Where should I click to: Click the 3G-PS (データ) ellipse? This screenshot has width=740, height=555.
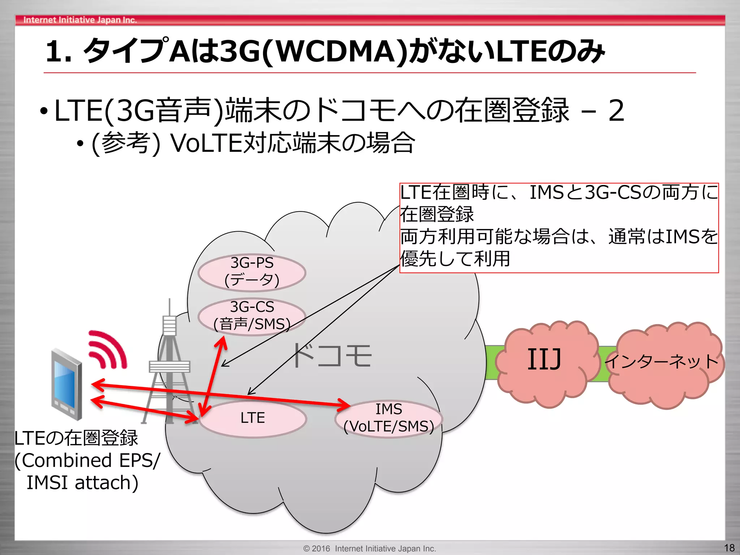(252, 272)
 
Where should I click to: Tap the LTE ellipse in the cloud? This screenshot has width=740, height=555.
(253, 418)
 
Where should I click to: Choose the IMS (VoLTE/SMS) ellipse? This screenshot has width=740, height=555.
(388, 418)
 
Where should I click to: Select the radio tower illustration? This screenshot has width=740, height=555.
(169, 365)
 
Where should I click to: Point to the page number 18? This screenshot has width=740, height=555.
(729, 548)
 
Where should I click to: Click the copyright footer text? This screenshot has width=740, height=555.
(370, 548)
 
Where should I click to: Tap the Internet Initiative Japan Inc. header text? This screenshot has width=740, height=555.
(80, 20)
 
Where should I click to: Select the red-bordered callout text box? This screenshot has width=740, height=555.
(559, 228)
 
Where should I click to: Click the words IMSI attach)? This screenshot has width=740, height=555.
(82, 483)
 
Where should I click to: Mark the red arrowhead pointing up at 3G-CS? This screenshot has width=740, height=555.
(222, 342)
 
